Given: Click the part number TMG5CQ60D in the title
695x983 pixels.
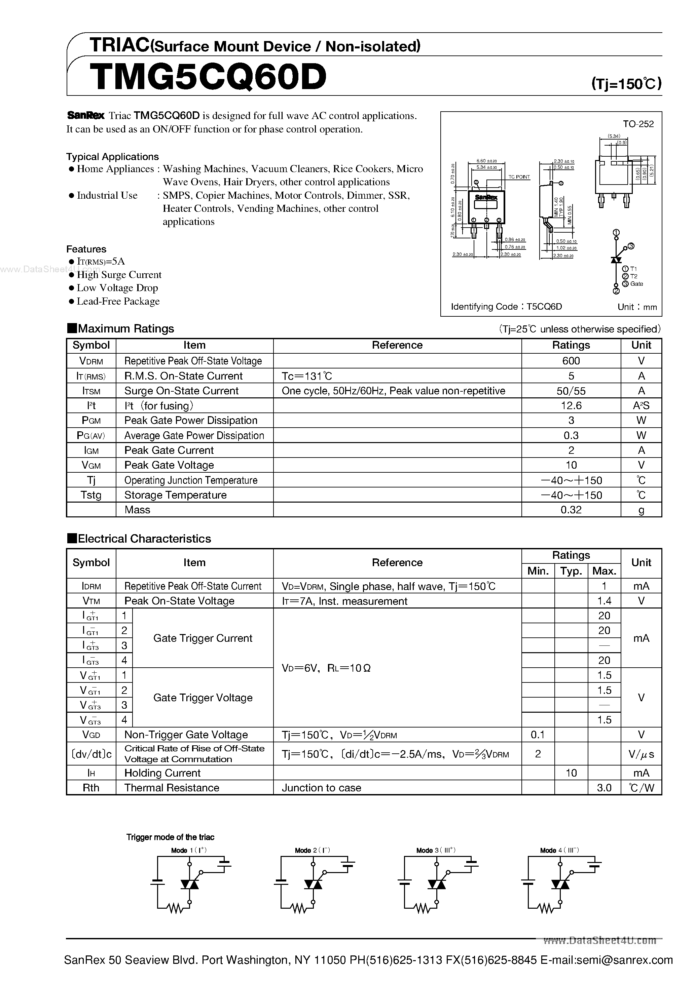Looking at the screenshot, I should (208, 77).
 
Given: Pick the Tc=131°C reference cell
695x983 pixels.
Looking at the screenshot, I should (307, 376).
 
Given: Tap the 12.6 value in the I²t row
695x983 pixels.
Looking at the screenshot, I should (571, 405).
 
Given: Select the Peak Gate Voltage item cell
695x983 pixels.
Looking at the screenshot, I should (169, 465).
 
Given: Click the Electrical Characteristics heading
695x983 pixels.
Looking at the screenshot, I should (144, 539).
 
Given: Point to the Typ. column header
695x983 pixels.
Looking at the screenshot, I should (571, 571).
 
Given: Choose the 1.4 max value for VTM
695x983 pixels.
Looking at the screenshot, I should (604, 601).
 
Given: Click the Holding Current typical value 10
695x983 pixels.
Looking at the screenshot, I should (571, 773).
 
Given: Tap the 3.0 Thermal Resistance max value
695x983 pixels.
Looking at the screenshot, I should (604, 788).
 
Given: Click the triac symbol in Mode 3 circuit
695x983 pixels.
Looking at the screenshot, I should (436, 884).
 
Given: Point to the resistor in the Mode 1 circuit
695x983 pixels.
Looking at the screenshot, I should (176, 908).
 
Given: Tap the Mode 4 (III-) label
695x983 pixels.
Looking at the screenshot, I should (559, 850).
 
